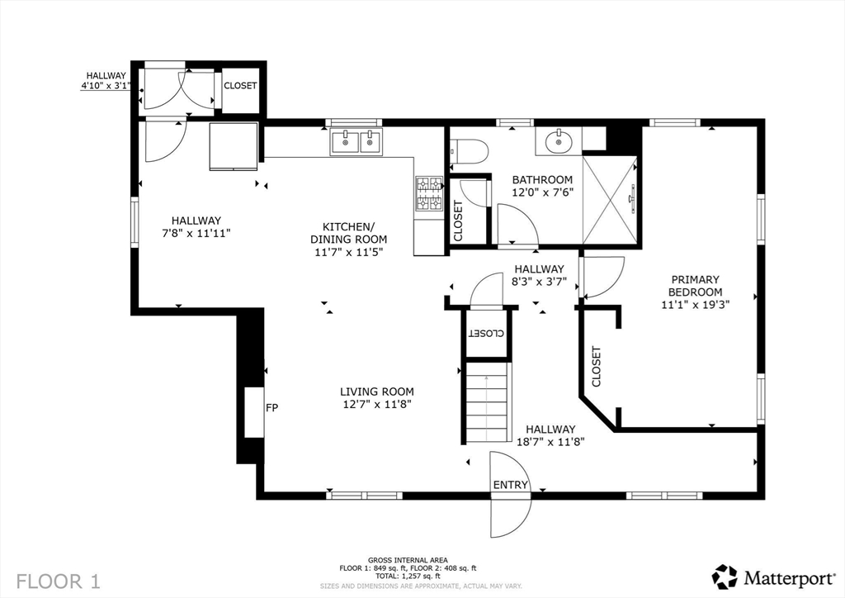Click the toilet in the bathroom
469,150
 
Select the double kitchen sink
356,142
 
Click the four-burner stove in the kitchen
428,194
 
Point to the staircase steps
487,401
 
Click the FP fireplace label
272,408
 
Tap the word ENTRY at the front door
510,485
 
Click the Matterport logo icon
725,577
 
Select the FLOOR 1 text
59,581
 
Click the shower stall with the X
610,200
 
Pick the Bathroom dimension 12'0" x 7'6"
543,192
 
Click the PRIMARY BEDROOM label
695,286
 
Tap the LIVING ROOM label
377,392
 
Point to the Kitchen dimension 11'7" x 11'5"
349,252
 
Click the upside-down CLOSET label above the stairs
486,333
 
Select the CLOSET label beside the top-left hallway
240,86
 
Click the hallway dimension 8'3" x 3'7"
539,281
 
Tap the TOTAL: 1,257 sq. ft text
408,576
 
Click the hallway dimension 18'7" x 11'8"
550,442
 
